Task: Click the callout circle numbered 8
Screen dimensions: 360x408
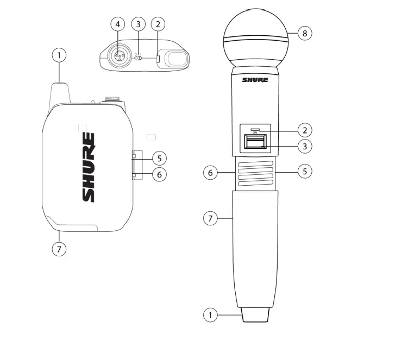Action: click(304, 33)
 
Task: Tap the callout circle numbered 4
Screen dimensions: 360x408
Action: click(118, 24)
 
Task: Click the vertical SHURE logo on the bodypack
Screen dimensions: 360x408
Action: click(89, 167)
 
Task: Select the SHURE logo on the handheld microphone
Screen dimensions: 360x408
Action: click(255, 80)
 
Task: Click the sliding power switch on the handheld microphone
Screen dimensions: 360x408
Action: click(255, 142)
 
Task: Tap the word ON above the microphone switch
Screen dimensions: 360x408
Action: click(255, 132)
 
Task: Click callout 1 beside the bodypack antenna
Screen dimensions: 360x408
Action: click(59, 55)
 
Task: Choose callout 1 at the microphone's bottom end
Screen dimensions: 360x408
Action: click(211, 314)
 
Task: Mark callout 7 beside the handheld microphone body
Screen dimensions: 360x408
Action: click(211, 218)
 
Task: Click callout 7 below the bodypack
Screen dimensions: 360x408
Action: click(59, 249)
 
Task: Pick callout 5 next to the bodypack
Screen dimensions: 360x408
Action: click(159, 159)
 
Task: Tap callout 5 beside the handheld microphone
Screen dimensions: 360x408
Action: click(304, 171)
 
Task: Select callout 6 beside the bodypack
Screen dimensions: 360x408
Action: click(159, 175)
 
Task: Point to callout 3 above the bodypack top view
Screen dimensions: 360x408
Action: click(138, 24)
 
